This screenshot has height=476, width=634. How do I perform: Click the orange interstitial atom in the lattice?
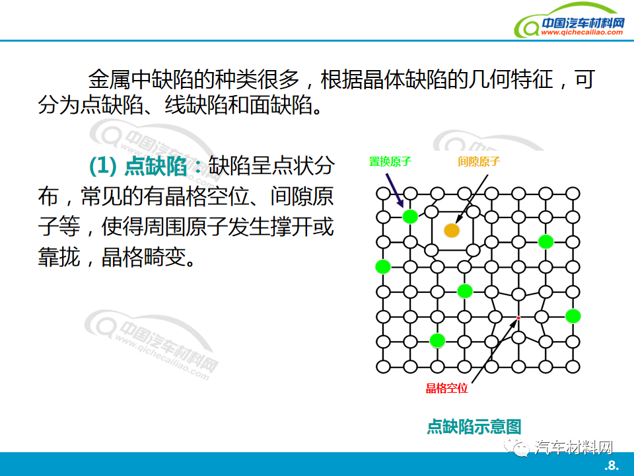click(452, 230)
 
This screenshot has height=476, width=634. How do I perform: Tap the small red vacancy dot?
click(518, 318)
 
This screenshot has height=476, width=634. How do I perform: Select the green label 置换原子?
click(390, 161)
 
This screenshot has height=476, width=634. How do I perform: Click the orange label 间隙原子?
click(479, 161)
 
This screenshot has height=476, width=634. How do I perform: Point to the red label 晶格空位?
click(447, 388)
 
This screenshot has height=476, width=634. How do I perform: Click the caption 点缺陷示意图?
click(474, 426)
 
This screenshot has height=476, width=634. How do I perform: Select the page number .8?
click(612, 465)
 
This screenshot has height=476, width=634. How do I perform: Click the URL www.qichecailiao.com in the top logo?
click(582, 32)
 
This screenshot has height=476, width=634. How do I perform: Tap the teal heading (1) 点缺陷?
click(137, 166)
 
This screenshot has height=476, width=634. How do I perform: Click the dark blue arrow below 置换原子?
click(395, 190)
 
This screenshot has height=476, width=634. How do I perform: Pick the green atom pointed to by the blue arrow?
click(410, 217)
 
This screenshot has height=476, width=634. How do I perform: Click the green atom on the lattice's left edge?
click(383, 266)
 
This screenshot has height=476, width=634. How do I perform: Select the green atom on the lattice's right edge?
click(573, 316)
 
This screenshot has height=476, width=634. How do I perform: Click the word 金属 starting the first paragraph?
click(109, 79)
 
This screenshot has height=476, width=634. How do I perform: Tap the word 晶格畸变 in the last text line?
click(143, 257)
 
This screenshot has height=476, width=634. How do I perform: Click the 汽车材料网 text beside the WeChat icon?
click(573, 448)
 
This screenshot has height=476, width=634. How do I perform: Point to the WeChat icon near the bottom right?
click(516, 446)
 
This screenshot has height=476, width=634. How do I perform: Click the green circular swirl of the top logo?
click(526, 26)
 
